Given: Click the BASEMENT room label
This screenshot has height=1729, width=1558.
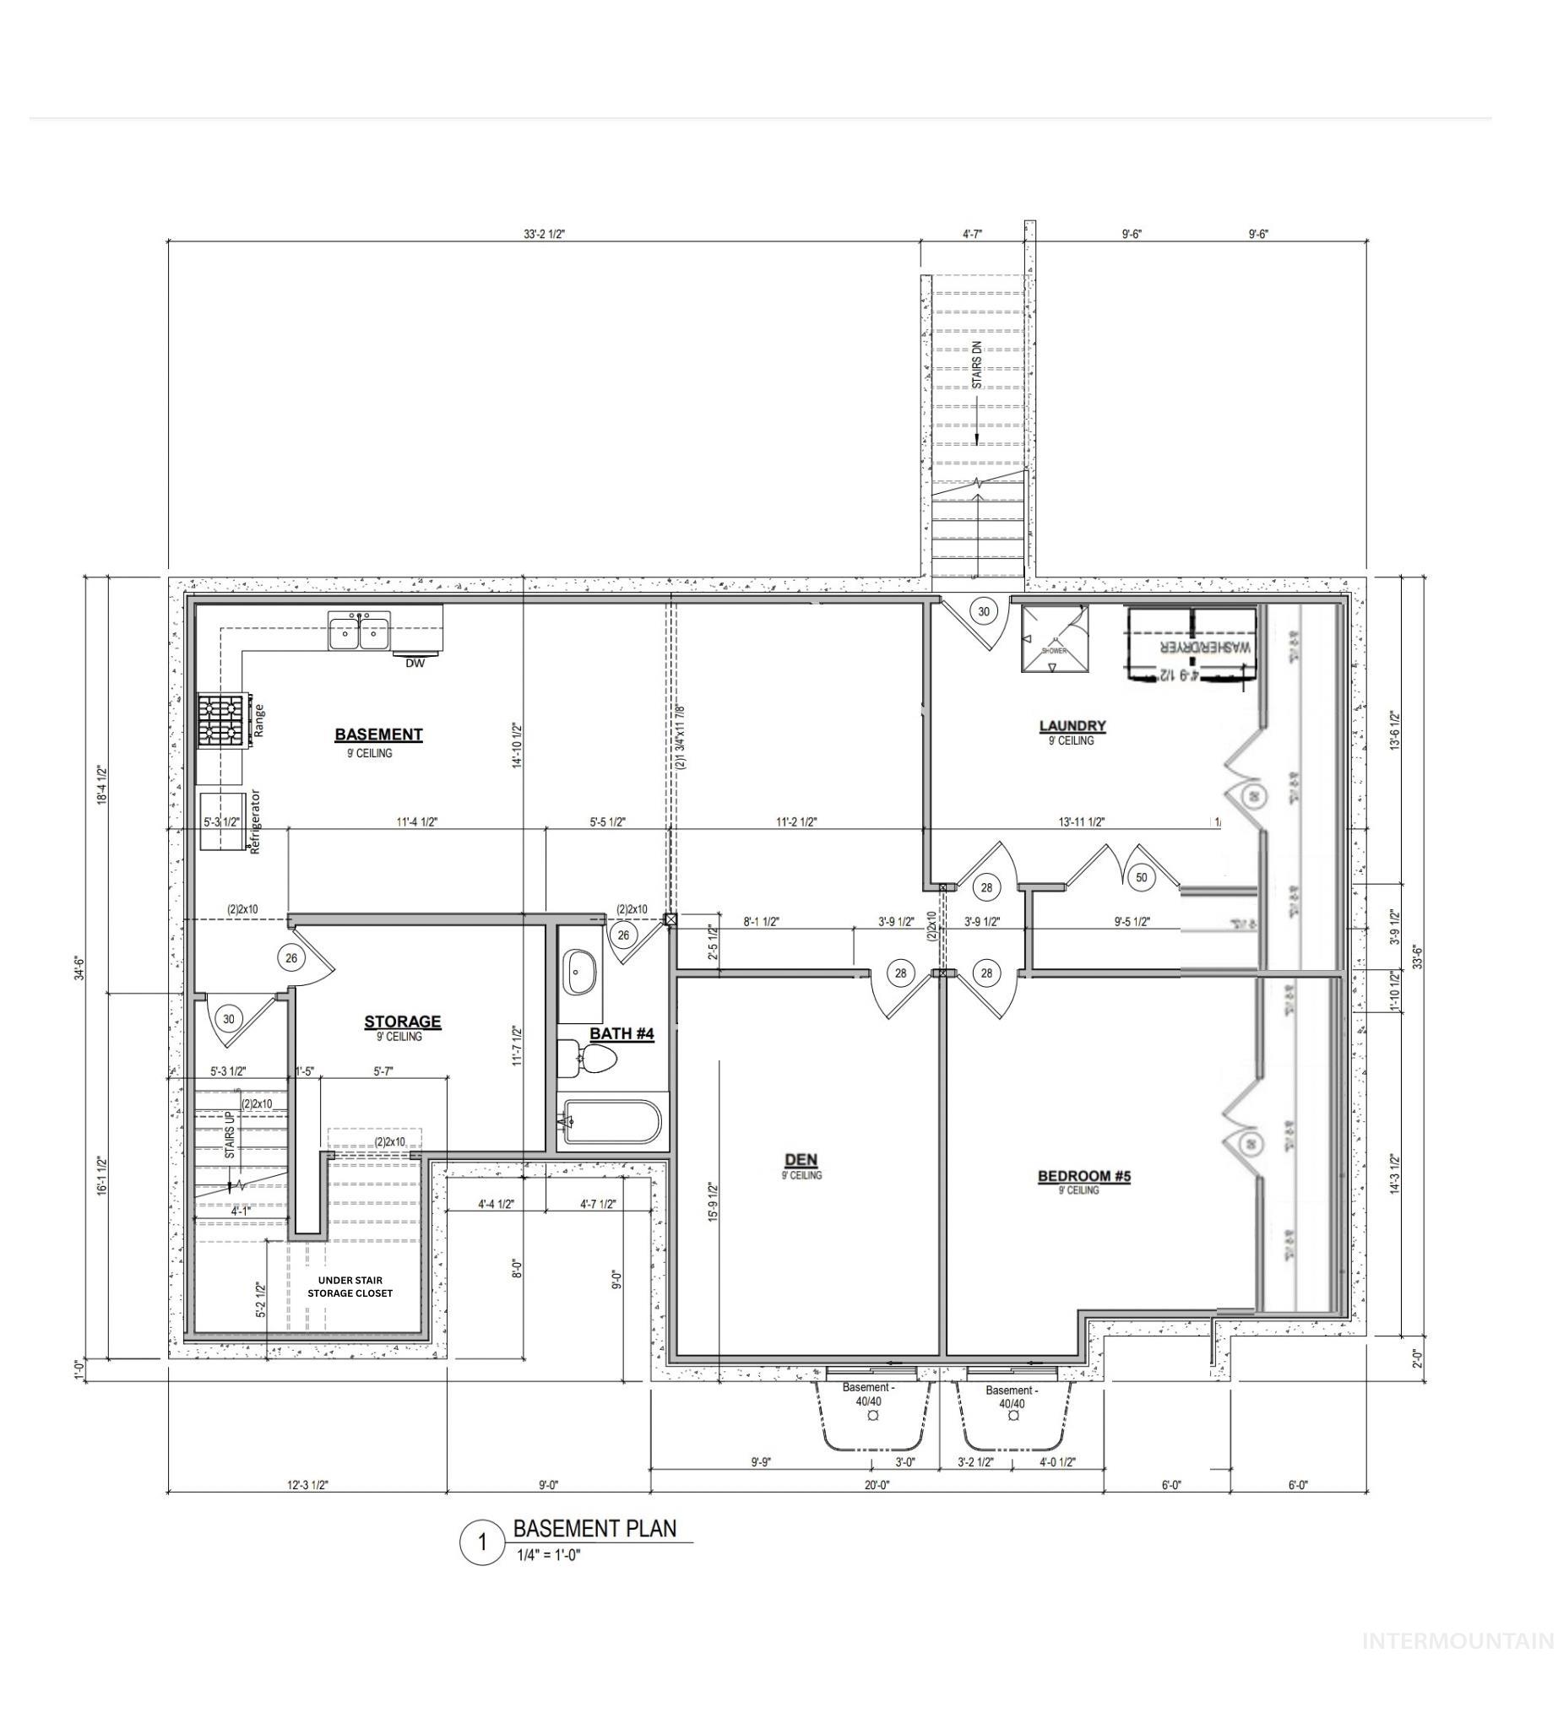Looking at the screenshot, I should coord(378,734).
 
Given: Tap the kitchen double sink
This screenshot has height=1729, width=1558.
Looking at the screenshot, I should coord(360,631).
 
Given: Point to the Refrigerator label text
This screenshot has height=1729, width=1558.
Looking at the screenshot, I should coord(254,821).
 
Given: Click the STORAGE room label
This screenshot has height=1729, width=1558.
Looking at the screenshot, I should coord(402,1022).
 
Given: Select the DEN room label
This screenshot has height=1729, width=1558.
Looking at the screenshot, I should coord(801,1160).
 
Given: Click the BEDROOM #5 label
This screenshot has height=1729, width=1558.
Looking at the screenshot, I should coord(1083,1176).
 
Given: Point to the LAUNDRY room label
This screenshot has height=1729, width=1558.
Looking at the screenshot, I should coord(1072,726).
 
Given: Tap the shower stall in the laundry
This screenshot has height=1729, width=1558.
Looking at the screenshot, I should coord(1055,638).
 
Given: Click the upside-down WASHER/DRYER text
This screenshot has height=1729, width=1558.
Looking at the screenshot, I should coord(1204,648).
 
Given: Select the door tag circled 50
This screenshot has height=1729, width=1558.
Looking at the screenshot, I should coord(1141,877).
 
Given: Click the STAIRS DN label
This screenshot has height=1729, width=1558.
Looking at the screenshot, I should coord(978,366).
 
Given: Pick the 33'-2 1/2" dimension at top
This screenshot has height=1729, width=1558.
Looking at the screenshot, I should coord(545,234).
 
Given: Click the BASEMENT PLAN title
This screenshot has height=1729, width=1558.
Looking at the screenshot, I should coord(594,1529).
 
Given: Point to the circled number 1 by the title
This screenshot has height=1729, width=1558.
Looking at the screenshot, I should coord(482,1542).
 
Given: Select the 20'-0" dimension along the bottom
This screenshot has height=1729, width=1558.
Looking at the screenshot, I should coord(877,1485).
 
